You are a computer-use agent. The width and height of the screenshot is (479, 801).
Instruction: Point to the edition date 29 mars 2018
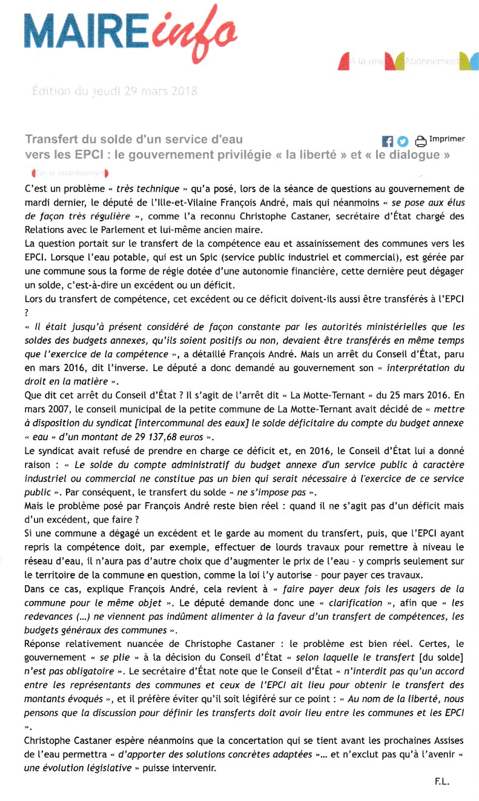coord(114,92)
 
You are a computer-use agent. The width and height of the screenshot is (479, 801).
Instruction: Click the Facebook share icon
coord(388,141)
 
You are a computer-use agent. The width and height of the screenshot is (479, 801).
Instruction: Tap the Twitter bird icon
coord(403,141)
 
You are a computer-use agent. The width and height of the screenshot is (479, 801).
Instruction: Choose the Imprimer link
coord(447,139)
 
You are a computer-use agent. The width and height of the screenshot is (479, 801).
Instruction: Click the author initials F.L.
coord(441,782)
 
